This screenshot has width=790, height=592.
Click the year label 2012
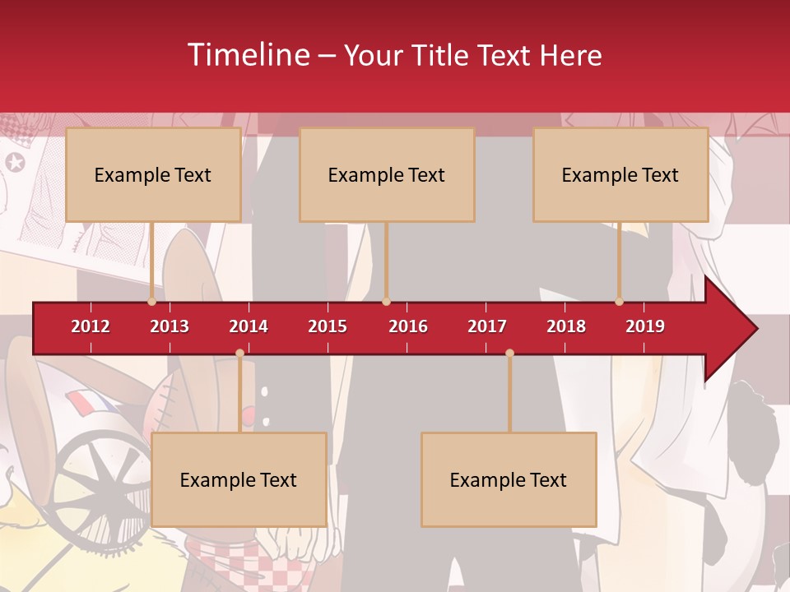pos(91,326)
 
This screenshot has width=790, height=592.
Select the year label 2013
pos(170,326)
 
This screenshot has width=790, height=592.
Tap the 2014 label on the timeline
pos(249,326)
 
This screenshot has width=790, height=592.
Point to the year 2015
pos(328,326)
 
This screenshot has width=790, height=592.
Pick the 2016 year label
pos(408,326)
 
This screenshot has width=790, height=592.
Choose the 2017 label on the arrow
pos(487,326)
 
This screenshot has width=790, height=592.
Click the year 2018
pos(566,326)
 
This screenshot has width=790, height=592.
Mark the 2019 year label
pos(645,326)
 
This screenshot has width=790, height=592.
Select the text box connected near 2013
pos(153,174)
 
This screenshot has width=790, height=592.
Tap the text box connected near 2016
pos(387,174)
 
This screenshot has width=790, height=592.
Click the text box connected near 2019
pos(620,174)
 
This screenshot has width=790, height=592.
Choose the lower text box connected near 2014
pos(239,479)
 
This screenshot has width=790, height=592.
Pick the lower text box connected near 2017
pos(509,479)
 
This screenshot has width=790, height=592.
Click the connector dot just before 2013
pos(151,302)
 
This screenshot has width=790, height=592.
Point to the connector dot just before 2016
pos(386,302)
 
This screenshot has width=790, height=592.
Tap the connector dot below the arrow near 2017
pos(509,354)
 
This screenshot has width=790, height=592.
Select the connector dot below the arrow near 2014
pos(239,354)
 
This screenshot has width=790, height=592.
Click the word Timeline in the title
pos(249,55)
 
